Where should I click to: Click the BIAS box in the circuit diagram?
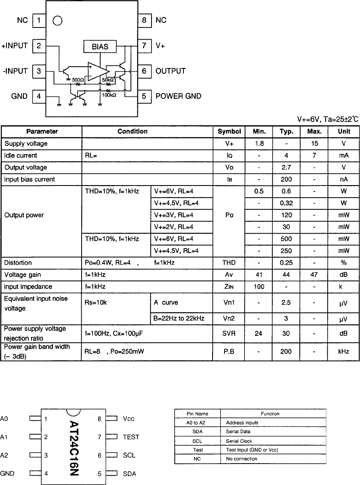point(100,46)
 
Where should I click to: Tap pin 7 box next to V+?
point(144,46)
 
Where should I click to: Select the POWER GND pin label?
point(178,96)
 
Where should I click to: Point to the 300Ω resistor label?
point(78,80)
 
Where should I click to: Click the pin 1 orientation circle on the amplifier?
point(58,21)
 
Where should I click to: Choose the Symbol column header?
point(229,131)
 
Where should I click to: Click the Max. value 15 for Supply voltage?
point(315,143)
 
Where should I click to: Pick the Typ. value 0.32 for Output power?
point(286,203)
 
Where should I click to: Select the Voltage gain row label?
point(23,275)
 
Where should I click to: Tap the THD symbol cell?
point(229,263)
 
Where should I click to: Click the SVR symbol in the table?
point(229,334)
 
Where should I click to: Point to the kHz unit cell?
point(343,352)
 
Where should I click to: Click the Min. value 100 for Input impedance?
point(259,287)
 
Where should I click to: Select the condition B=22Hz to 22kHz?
point(179,318)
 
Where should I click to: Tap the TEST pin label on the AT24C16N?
point(131,437)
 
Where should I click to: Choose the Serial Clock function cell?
point(239,441)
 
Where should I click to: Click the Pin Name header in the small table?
point(198,413)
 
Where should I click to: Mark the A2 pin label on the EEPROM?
point(4,455)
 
